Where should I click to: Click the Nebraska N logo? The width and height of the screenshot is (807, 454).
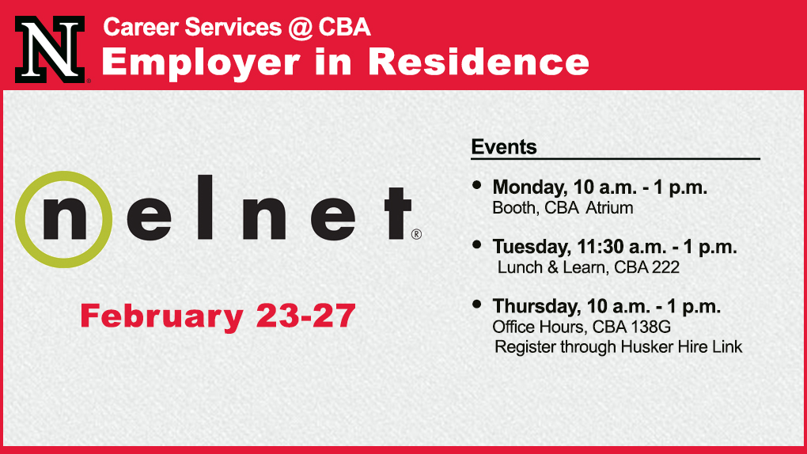50,49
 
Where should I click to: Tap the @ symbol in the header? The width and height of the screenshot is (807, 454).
300,28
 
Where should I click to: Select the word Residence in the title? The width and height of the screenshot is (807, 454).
479,62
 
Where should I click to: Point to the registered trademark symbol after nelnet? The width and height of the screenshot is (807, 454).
416,235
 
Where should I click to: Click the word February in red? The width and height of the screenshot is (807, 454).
161,316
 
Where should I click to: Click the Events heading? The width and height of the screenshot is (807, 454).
504,147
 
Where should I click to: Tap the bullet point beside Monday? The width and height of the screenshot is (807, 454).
476,185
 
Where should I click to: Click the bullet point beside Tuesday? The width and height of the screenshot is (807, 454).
476,245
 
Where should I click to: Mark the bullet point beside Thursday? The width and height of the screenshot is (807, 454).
476,305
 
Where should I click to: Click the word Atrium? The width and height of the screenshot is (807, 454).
609,208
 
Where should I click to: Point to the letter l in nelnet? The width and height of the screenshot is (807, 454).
206,207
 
